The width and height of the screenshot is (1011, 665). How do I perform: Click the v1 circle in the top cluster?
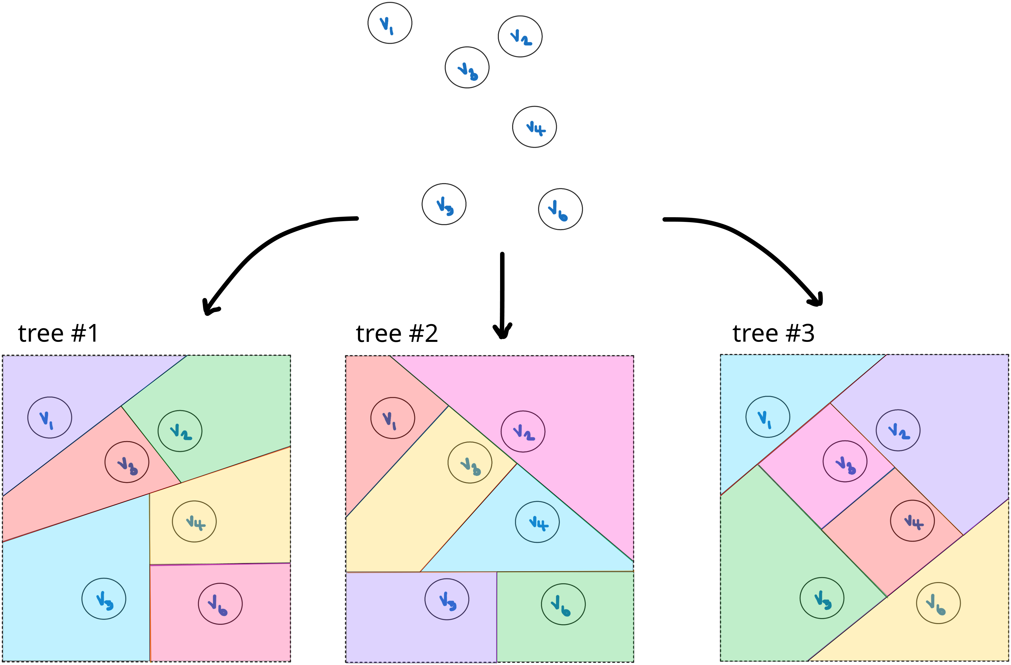[x=389, y=23]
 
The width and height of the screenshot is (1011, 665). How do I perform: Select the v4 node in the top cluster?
[x=534, y=127]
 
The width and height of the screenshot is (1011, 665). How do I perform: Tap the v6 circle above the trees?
[x=560, y=209]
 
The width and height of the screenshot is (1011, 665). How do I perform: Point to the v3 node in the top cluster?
[x=467, y=68]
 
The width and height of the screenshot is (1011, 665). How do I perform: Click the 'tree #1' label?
[x=58, y=333]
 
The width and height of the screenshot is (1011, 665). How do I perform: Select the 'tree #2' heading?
[x=397, y=333]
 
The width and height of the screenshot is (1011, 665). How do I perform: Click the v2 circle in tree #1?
[x=180, y=431]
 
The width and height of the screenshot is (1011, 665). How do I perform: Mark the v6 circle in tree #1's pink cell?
[x=220, y=603]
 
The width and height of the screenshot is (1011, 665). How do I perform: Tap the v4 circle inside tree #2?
[x=537, y=522]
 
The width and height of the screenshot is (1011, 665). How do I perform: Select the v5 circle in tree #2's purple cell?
[x=447, y=599]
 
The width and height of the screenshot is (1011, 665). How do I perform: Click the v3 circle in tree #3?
[x=844, y=461]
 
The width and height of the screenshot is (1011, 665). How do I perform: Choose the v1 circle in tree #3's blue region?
[x=768, y=417]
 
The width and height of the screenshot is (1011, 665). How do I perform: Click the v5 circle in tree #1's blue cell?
[x=104, y=598]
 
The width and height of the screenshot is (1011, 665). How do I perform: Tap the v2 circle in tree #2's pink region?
[x=523, y=431]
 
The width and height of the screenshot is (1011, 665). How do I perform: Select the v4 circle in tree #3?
[x=912, y=521]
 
